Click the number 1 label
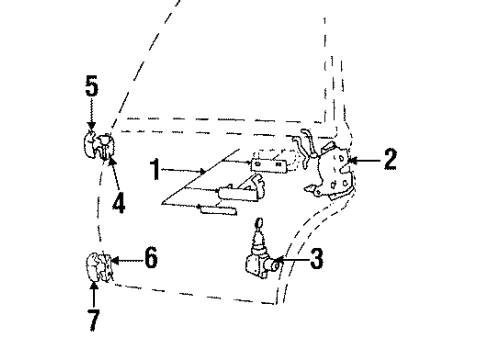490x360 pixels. [x=155, y=170]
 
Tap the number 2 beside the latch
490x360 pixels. [x=391, y=159]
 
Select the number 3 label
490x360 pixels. [x=316, y=262]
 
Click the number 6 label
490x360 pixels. [x=151, y=257]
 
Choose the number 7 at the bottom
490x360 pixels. [x=94, y=319]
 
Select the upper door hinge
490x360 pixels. [x=97, y=146]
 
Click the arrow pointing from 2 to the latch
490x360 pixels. [x=363, y=159]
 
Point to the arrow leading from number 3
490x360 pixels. [x=290, y=262]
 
